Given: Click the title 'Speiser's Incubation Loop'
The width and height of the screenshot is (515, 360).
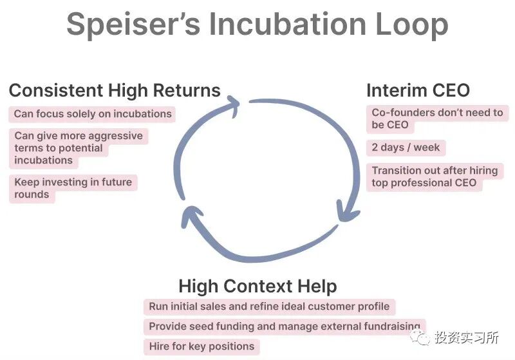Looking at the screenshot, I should point(257,25).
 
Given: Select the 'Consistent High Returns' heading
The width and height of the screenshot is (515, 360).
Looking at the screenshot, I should point(115,90).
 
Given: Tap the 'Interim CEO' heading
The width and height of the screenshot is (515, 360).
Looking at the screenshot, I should point(418,90).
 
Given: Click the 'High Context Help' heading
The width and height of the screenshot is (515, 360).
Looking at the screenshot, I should point(257,286).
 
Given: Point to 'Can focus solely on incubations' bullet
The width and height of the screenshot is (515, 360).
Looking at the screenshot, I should point(93,114).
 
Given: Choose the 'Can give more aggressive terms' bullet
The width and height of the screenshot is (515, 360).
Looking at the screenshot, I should point(79,148).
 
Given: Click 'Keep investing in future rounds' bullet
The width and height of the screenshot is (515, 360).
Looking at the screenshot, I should point(73,188).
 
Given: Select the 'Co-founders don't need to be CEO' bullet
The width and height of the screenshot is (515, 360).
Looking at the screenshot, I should point(437,118).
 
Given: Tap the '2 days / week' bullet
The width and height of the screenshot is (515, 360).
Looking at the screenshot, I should point(406,147).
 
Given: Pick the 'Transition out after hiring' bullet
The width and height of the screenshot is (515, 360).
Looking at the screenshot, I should point(435,176).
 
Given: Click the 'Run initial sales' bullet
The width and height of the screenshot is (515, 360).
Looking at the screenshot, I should point(269,307).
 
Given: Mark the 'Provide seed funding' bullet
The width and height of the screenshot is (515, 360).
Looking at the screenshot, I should point(284,327).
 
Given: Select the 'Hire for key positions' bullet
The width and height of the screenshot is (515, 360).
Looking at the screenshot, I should point(201,346).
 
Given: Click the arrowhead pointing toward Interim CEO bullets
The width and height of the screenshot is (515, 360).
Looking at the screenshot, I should point(348,211).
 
